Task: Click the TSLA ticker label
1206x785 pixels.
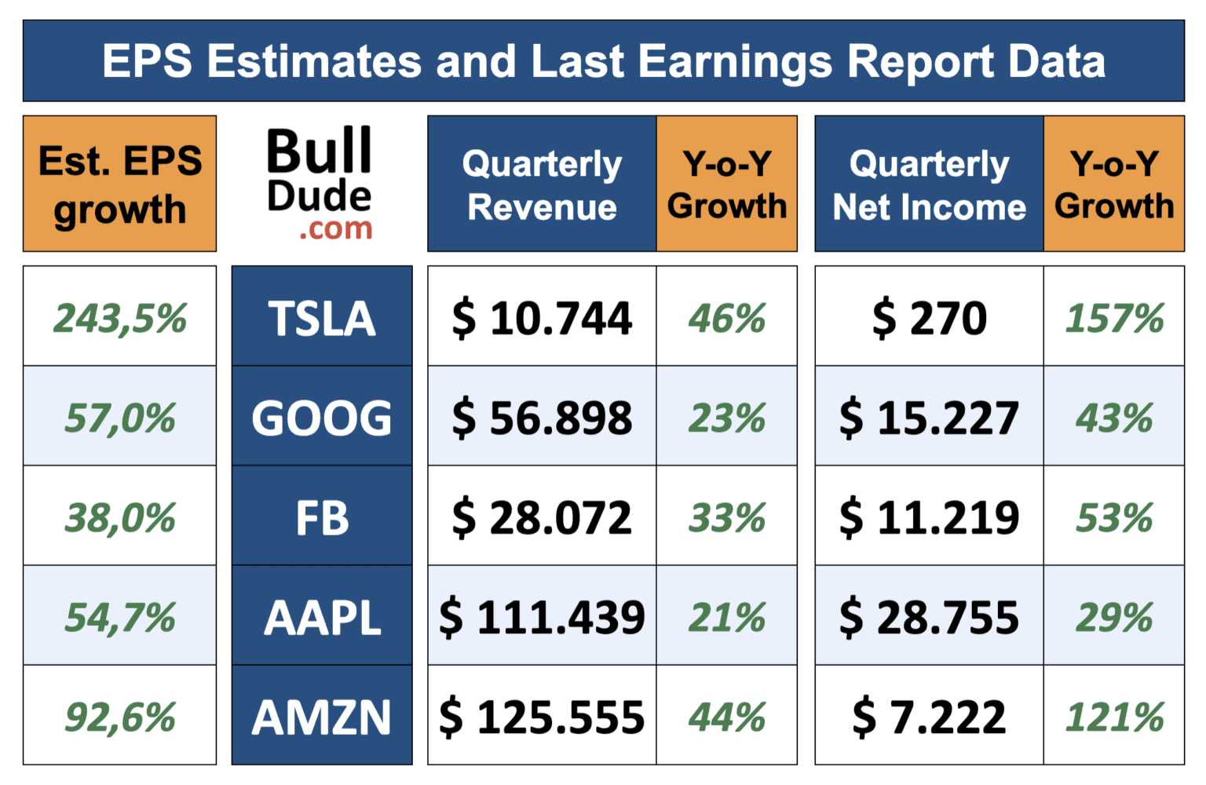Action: click(322, 317)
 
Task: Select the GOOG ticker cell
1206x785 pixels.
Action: click(322, 417)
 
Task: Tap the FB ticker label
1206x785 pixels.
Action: click(322, 517)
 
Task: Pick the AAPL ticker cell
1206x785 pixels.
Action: click(322, 617)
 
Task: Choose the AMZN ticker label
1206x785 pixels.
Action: click(322, 717)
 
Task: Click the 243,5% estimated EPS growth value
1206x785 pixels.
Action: click(120, 317)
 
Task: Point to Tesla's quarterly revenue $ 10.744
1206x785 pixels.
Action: click(542, 317)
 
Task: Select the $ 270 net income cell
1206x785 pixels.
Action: click(929, 317)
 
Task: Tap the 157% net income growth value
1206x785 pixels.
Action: click(1114, 317)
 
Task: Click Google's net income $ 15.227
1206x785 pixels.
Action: click(929, 417)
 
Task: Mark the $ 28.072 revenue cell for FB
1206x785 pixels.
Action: click(542, 517)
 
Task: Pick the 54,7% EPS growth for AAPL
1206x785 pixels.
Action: click(120, 617)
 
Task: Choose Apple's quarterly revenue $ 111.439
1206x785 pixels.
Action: click(542, 617)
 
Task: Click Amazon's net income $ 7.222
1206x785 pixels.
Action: click(929, 717)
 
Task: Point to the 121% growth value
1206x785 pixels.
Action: click(1114, 717)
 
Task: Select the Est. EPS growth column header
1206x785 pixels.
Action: click(120, 184)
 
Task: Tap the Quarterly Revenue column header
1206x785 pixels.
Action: click(542, 184)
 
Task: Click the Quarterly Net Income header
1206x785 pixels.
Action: click(929, 184)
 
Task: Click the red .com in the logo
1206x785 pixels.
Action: click(335, 228)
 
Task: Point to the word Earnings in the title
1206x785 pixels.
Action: click(735, 62)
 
